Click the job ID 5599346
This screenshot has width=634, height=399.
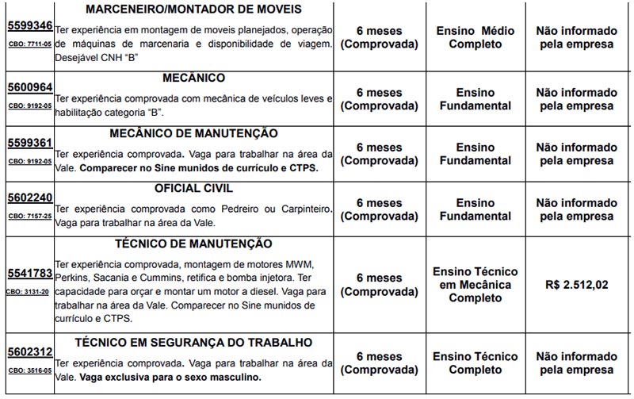point(29,25)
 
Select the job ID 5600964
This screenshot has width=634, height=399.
point(29,88)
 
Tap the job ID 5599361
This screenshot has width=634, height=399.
point(29,144)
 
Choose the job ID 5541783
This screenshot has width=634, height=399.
point(29,274)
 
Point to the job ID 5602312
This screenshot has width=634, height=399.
point(29,352)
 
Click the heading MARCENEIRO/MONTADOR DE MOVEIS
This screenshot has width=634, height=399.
point(193,10)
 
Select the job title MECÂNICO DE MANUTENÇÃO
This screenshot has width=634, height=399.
point(193,133)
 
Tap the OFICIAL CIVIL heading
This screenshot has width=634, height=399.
point(193,189)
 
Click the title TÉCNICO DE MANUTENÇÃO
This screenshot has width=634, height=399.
point(193,244)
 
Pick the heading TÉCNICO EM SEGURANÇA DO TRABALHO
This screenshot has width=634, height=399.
point(193,342)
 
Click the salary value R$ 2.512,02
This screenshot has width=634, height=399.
point(577,285)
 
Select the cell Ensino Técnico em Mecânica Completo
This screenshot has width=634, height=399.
point(475,285)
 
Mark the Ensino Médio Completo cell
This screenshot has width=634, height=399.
point(475,37)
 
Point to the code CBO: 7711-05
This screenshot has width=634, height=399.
point(29,44)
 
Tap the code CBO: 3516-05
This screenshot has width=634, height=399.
point(29,370)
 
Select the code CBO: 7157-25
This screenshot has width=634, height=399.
point(29,216)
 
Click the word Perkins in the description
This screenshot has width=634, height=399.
point(72,278)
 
